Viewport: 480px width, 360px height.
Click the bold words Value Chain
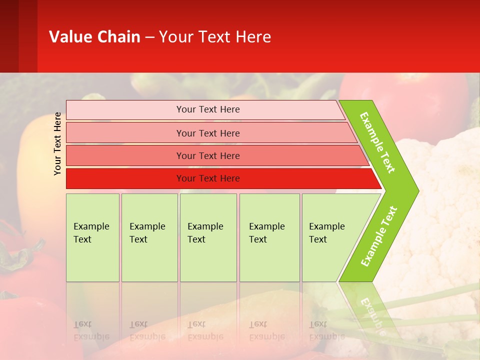coord(94,37)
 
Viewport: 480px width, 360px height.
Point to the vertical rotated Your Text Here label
coord(58,143)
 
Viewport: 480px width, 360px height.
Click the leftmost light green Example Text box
coord(92,237)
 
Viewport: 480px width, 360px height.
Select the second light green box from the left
coord(149,237)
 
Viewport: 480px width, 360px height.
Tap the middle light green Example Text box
coord(208,237)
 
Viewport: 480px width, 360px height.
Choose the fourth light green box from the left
coord(269,237)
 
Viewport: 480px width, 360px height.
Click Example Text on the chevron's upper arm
coord(378,143)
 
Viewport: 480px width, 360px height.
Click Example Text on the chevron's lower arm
coord(379,236)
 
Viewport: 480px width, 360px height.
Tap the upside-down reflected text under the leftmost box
coord(91,330)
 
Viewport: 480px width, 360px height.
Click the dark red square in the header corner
coord(18,36)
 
